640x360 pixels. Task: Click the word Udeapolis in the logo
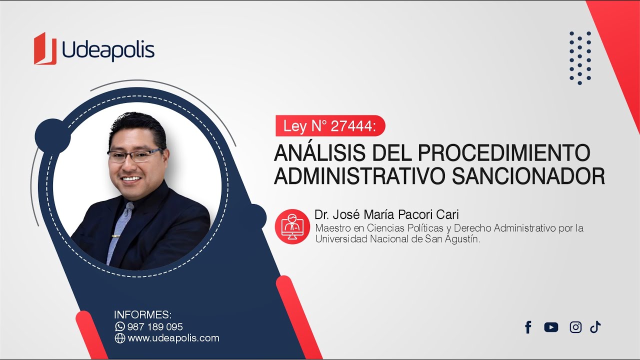pyautogui.click(x=108, y=51)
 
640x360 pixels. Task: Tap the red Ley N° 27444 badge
pyautogui.click(x=330, y=126)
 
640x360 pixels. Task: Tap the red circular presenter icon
pyautogui.click(x=292, y=226)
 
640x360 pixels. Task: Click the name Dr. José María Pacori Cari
pyautogui.click(x=386, y=215)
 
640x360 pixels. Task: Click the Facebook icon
pyautogui.click(x=528, y=327)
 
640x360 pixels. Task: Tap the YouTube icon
pyautogui.click(x=551, y=327)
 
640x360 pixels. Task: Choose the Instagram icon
pyautogui.click(x=575, y=327)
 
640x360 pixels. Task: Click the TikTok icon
pyautogui.click(x=595, y=327)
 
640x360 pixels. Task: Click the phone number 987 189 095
pyautogui.click(x=155, y=327)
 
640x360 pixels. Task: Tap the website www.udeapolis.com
pyautogui.click(x=173, y=338)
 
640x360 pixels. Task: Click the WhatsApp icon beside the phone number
pyautogui.click(x=119, y=326)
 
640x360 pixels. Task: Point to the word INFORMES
pyautogui.click(x=142, y=315)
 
